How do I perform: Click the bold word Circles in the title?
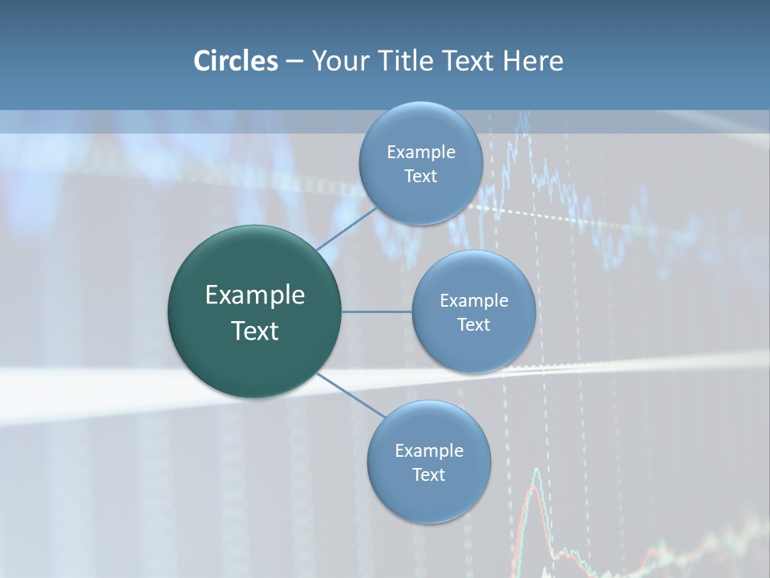[x=235, y=61]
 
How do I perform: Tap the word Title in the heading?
[x=405, y=61]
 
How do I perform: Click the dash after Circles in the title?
[x=294, y=62]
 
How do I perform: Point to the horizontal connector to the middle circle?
[x=377, y=311]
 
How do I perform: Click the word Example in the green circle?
[x=255, y=295]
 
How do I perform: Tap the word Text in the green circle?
[x=255, y=331]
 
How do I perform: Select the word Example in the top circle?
[x=420, y=153]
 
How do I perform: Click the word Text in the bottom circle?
[x=428, y=474]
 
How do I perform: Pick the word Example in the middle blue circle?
[x=473, y=301]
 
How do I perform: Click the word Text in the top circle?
[x=420, y=177]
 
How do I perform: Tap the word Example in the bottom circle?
[x=428, y=450]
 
